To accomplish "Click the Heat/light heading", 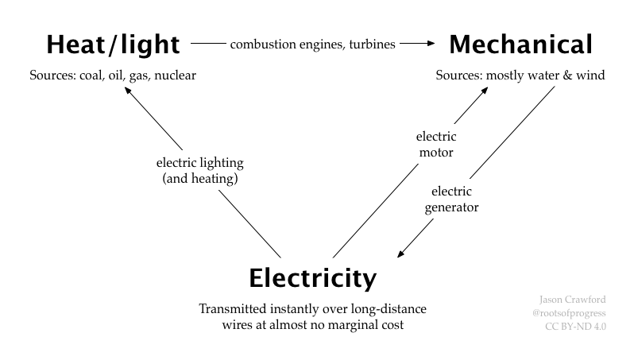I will pyautogui.click(x=112, y=45).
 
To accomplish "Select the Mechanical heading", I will pyautogui.click(x=520, y=45).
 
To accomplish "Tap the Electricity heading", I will pyautogui.click(x=312, y=279).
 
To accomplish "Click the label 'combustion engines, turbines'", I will pyautogui.click(x=312, y=45).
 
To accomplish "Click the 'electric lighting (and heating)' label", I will pyautogui.click(x=200, y=171).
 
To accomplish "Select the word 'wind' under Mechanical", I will pyautogui.click(x=590, y=76).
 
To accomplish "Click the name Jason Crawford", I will pyautogui.click(x=572, y=300).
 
